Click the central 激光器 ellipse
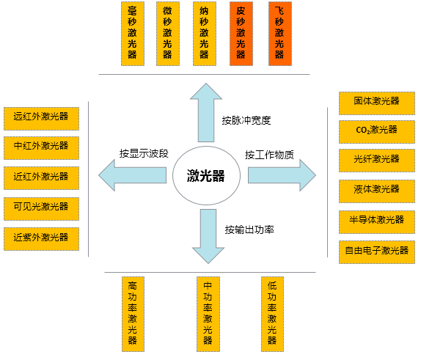click(x=205, y=176)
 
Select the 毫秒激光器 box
click(x=132, y=34)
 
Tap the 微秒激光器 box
click(x=167, y=34)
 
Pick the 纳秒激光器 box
click(x=204, y=34)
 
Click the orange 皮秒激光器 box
click(x=241, y=34)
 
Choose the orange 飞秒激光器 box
click(x=278, y=34)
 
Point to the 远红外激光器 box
click(x=41, y=116)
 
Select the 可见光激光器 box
click(x=41, y=207)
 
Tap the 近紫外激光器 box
click(x=41, y=237)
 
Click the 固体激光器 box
click(x=376, y=100)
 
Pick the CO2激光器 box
click(x=376, y=129)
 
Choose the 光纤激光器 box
click(x=376, y=158)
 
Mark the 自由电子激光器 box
click(x=376, y=251)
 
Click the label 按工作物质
click(x=269, y=155)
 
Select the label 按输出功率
click(x=249, y=229)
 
